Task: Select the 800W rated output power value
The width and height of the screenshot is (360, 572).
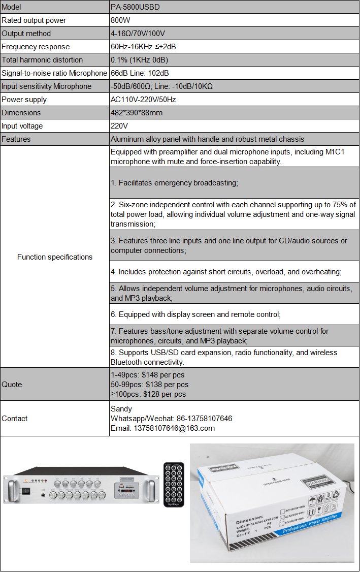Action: tap(121, 20)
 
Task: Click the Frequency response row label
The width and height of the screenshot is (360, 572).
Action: tap(36, 47)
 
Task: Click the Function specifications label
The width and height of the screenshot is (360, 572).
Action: tap(55, 257)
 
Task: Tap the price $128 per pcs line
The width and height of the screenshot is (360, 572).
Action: tap(148, 394)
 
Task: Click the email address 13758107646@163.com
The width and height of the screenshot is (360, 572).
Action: tap(162, 428)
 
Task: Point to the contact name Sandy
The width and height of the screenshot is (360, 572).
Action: tap(121, 409)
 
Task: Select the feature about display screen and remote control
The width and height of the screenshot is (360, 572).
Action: tap(195, 314)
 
